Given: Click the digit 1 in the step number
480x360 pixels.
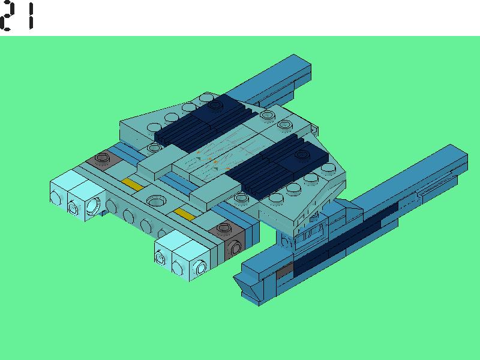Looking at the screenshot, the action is [31, 16].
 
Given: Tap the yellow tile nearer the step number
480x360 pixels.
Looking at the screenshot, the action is [132, 185].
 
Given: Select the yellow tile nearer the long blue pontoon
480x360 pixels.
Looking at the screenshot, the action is [185, 214].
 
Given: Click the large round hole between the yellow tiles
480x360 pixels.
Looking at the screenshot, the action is [156, 201].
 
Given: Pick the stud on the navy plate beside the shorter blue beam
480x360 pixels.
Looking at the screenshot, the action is [215, 105].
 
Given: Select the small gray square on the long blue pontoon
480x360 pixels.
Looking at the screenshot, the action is [285, 271].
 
